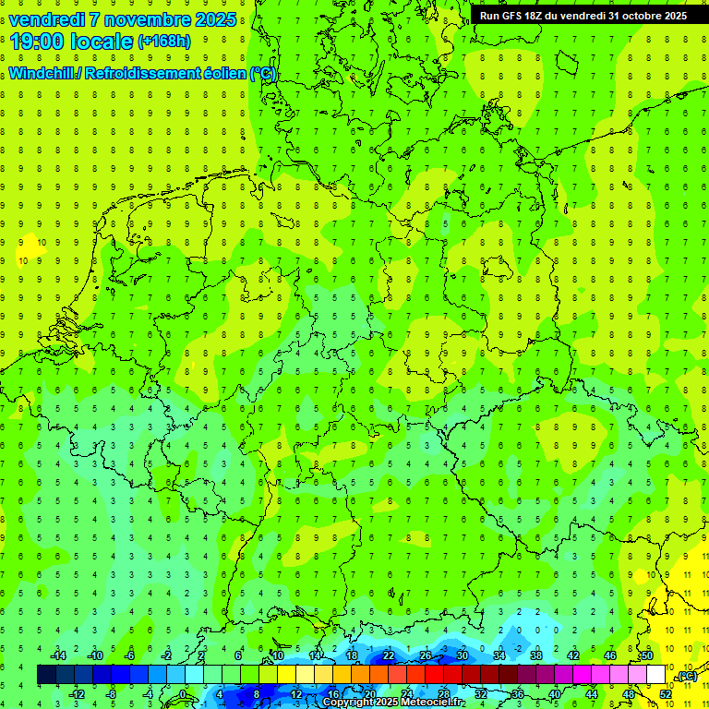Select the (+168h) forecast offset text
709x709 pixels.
pos(165,41)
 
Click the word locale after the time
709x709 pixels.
pos(101,41)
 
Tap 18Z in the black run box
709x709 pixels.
pos(535,16)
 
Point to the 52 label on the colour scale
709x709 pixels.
pos(665,693)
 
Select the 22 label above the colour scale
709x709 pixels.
pos(389,655)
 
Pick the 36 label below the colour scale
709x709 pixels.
pos(517,693)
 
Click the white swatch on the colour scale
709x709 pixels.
pos(655,675)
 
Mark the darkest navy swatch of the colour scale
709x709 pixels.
pos(46,675)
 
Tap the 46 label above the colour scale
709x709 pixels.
pos(609,655)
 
